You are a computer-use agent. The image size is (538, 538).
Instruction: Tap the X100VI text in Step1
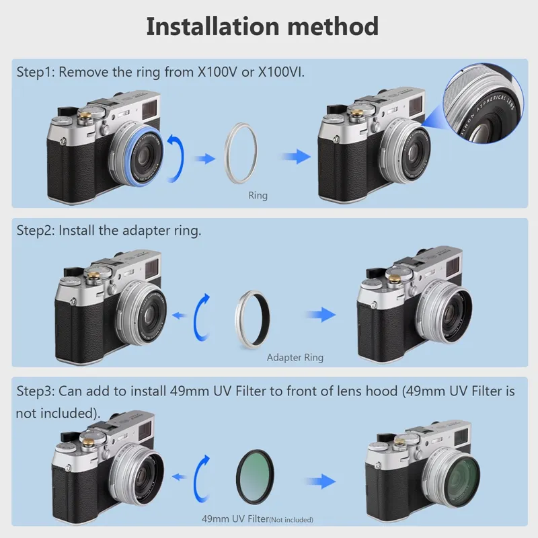click(281, 72)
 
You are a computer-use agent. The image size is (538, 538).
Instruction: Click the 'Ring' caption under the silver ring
click(258, 196)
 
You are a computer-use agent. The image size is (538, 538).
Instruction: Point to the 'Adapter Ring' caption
click(295, 358)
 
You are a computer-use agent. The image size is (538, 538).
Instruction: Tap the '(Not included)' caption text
click(291, 520)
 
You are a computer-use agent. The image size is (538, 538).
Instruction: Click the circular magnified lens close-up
click(483, 103)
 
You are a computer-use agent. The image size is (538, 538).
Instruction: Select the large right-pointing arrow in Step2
click(321, 315)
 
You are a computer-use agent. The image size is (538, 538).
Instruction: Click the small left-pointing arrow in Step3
click(179, 477)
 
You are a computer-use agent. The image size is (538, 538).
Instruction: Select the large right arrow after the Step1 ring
click(296, 157)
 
